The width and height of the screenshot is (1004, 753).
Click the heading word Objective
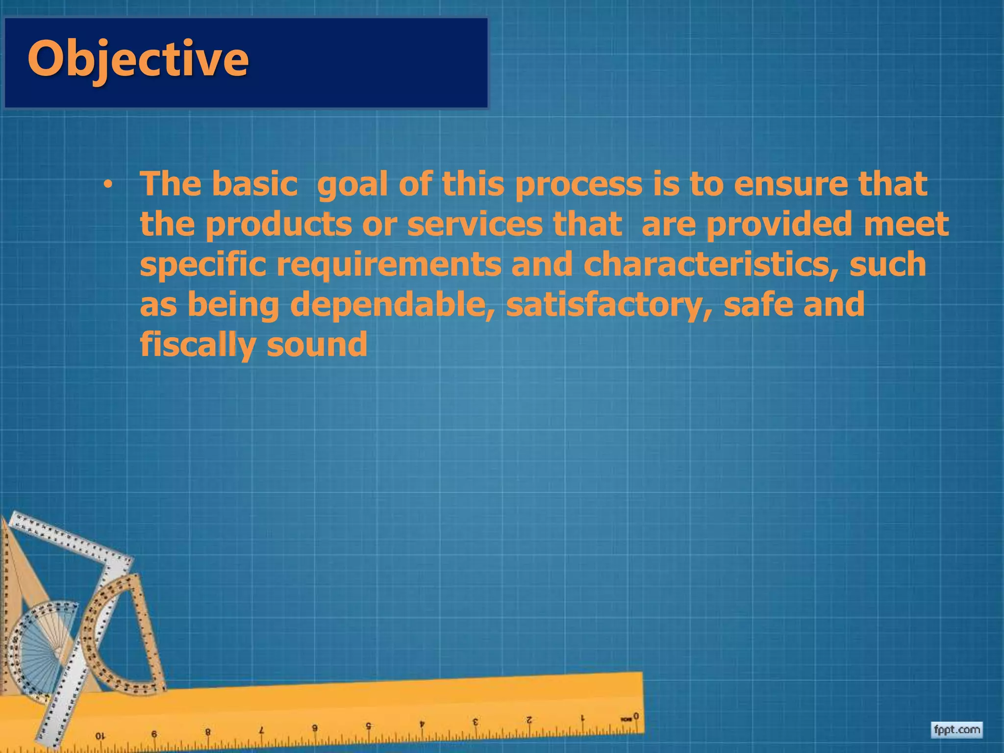coord(138,60)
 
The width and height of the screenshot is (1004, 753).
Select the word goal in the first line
coord(353,184)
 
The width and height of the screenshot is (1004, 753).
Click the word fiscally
coord(198,345)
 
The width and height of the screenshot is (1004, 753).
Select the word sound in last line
coord(317,344)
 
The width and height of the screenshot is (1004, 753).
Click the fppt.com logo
coord(956,730)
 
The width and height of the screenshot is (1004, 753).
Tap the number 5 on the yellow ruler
coord(369,725)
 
